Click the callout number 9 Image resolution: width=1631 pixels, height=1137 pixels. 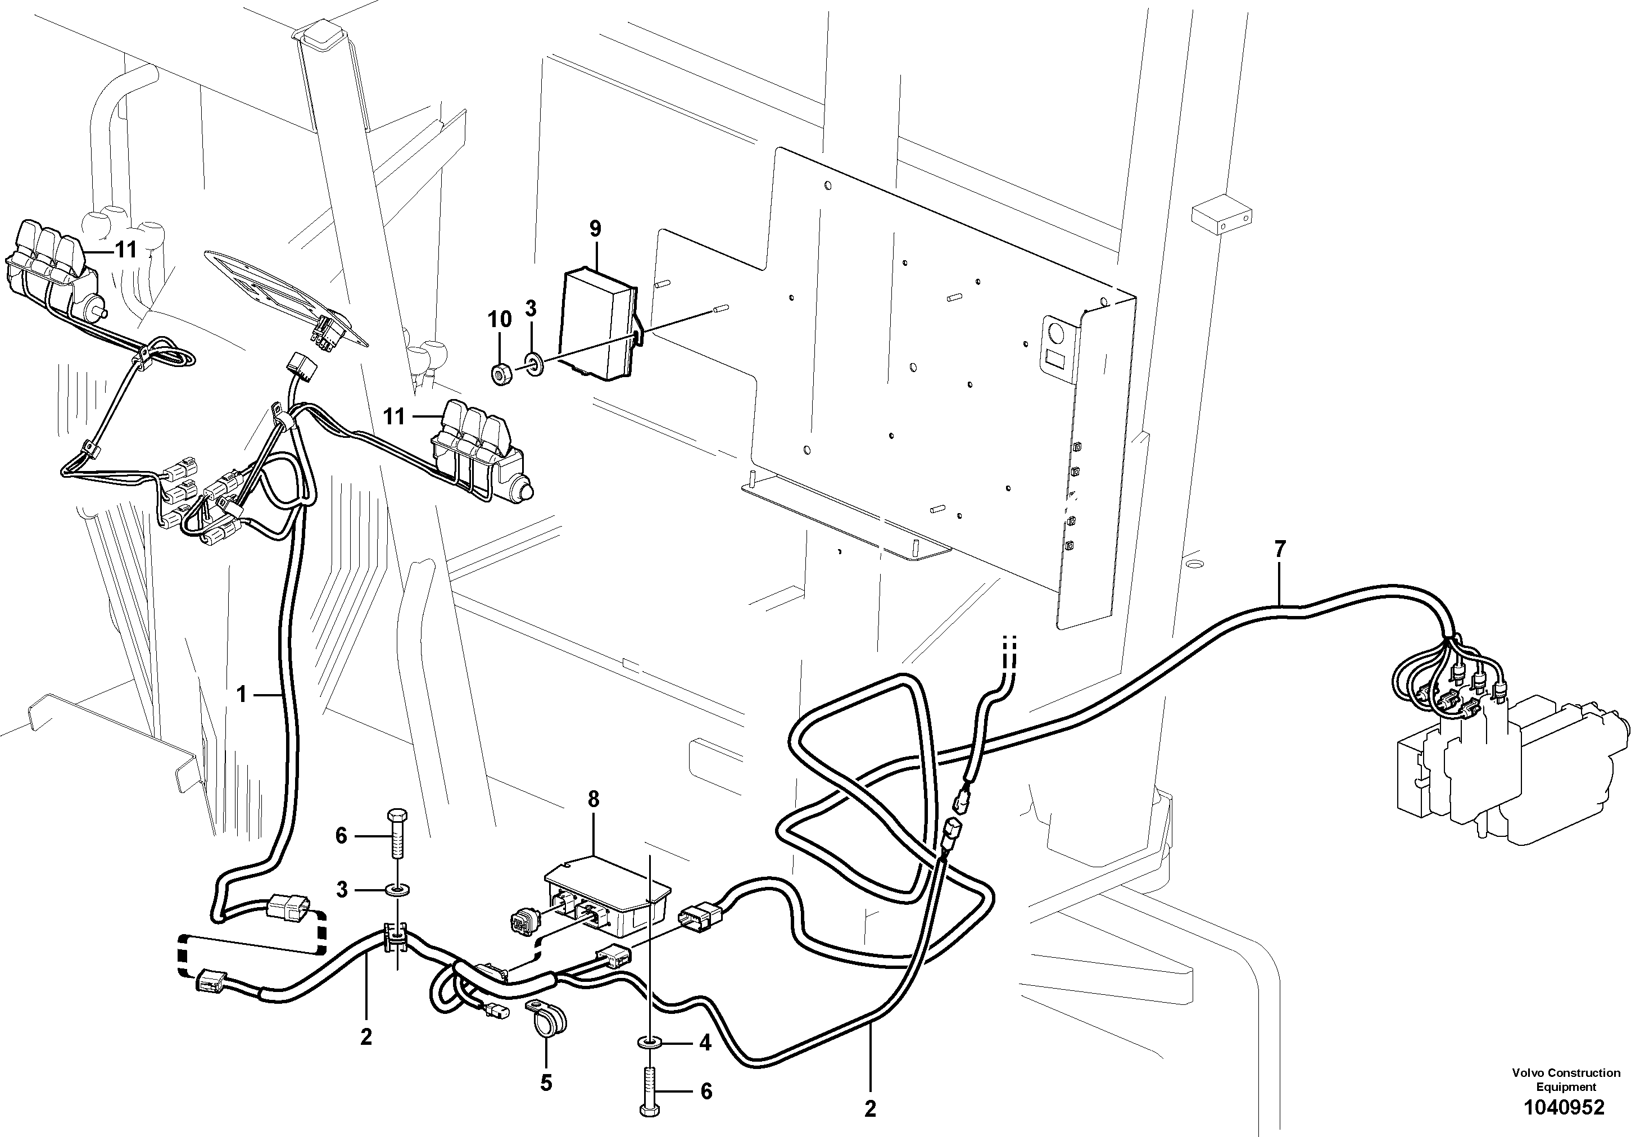(x=595, y=229)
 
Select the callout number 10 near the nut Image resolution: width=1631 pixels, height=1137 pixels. (x=500, y=320)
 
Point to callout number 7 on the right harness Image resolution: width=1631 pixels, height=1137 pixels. (x=1279, y=549)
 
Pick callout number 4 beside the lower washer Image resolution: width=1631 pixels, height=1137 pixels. (x=705, y=1043)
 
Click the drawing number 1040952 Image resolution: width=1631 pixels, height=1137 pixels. (x=1563, y=1107)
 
